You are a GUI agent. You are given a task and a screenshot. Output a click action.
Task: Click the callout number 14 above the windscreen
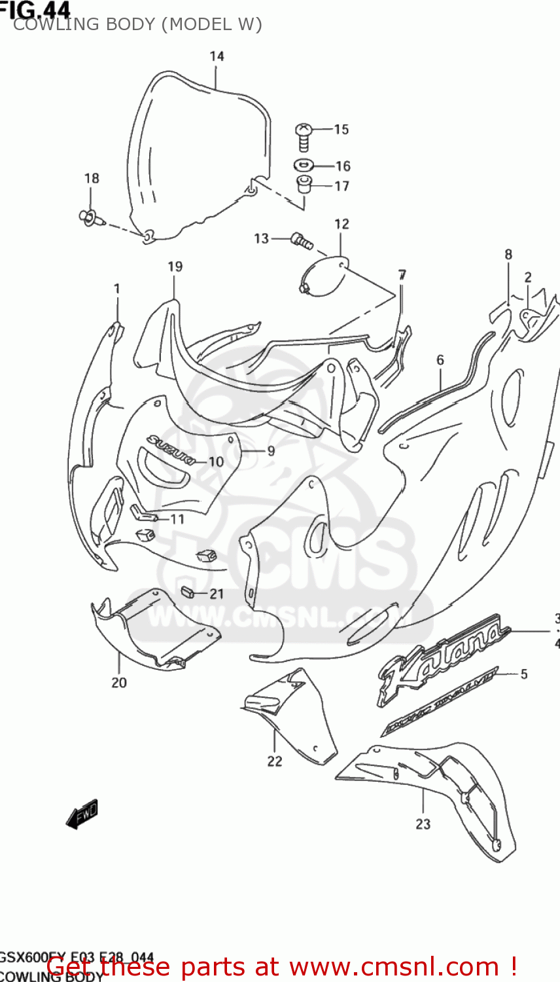tap(217, 56)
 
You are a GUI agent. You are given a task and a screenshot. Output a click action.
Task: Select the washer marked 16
tap(304, 165)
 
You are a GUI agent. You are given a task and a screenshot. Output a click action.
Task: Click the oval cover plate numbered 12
tap(324, 276)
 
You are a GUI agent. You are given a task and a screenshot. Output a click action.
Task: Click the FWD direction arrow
tap(82, 814)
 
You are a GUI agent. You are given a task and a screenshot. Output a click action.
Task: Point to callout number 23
tap(423, 824)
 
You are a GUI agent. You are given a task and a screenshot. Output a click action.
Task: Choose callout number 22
tap(275, 761)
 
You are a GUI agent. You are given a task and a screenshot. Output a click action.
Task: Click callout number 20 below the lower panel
tap(119, 682)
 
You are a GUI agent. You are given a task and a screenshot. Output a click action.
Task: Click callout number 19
tap(175, 266)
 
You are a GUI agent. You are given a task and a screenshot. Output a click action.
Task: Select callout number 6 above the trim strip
tap(440, 360)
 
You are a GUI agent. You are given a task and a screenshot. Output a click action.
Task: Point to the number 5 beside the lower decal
tap(524, 674)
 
